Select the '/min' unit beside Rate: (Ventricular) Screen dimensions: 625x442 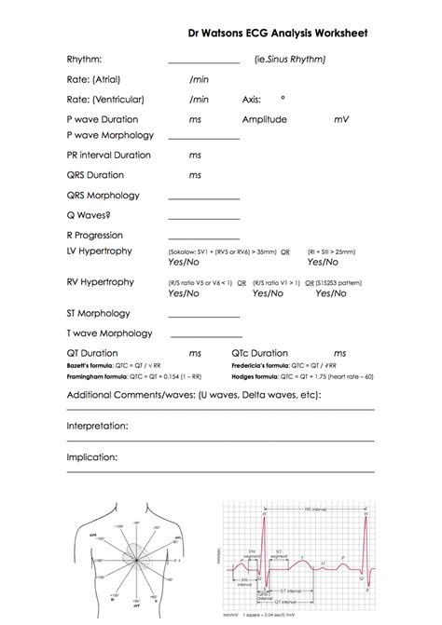point(199,99)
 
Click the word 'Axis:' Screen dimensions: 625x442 point(252,99)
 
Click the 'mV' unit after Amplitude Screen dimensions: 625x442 point(340,119)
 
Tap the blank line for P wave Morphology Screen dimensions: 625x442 point(203,138)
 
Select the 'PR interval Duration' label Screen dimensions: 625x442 point(109,155)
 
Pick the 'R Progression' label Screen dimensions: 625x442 point(95,235)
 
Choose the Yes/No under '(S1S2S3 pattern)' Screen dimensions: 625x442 point(330,293)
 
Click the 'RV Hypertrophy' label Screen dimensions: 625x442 point(100,281)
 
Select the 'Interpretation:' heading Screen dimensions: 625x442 point(97,426)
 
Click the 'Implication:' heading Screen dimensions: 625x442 point(92,458)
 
